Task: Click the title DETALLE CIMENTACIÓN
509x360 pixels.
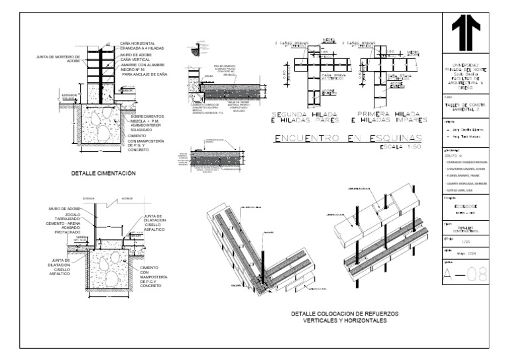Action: coord(103,172)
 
